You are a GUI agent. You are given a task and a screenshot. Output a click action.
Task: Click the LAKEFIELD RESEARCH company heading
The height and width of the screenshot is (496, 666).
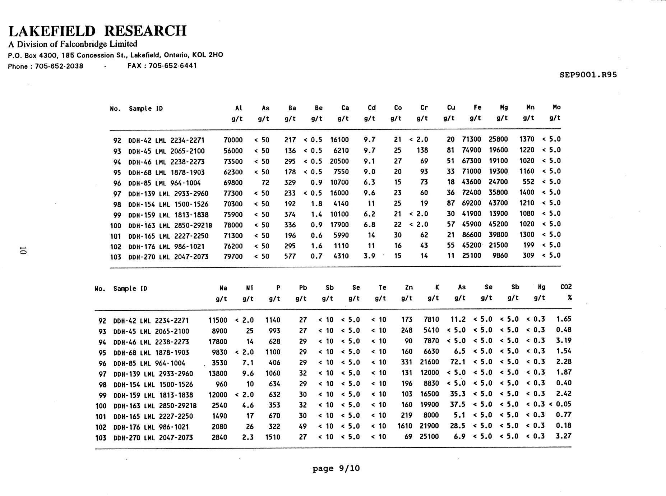pos(97,31)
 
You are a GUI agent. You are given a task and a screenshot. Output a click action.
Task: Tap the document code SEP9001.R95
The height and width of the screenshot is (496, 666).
pos(588,75)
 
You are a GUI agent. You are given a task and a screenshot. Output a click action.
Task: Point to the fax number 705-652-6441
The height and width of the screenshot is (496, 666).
pos(172,66)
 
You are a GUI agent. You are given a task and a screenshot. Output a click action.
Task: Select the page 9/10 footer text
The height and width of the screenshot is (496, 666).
pos(336,468)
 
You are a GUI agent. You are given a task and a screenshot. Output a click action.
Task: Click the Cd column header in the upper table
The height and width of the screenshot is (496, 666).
pos(371,108)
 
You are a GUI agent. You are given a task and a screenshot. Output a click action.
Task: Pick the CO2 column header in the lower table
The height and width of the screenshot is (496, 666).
pos(566,287)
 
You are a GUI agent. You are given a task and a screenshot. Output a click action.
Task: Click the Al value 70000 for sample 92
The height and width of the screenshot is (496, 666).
pos(233,140)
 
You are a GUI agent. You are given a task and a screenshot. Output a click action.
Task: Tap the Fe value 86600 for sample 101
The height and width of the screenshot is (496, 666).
pos(471,235)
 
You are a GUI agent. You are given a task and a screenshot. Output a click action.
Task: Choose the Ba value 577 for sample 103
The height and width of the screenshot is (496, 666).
pos(290,256)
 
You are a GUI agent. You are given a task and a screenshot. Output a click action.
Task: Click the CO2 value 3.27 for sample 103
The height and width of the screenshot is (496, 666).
pos(564,436)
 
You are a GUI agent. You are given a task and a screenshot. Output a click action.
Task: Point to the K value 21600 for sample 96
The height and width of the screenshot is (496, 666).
pos(429,362)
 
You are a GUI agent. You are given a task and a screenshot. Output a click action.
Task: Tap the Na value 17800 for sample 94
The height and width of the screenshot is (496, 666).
pos(218,341)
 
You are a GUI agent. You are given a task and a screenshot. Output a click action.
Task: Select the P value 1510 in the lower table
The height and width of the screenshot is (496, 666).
pos(273,437)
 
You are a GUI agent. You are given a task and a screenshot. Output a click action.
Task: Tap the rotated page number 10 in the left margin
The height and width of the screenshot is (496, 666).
pos(23,251)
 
